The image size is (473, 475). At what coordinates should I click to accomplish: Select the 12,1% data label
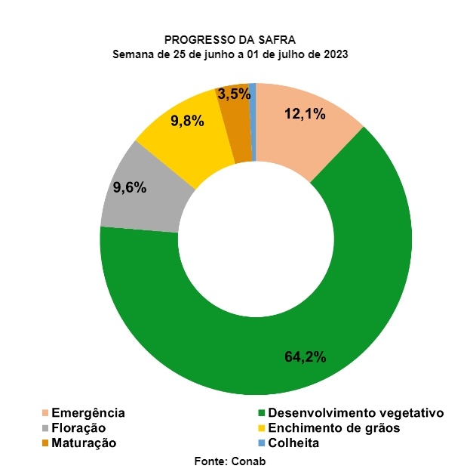click(x=305, y=115)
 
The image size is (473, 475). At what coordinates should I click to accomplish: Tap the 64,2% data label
click(x=305, y=356)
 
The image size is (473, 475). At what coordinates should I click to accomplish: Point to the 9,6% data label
click(x=130, y=188)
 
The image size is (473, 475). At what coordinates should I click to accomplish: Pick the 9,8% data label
click(x=188, y=120)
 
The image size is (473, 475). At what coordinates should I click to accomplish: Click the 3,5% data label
click(x=232, y=95)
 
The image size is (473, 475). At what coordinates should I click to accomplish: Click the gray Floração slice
click(x=140, y=196)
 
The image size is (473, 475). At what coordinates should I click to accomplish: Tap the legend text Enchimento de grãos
click(x=334, y=428)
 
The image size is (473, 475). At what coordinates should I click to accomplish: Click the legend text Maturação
click(x=84, y=443)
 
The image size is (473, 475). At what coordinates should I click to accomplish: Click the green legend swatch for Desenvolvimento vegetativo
click(x=262, y=413)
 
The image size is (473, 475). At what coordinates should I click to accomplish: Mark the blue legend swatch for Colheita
click(x=262, y=443)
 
